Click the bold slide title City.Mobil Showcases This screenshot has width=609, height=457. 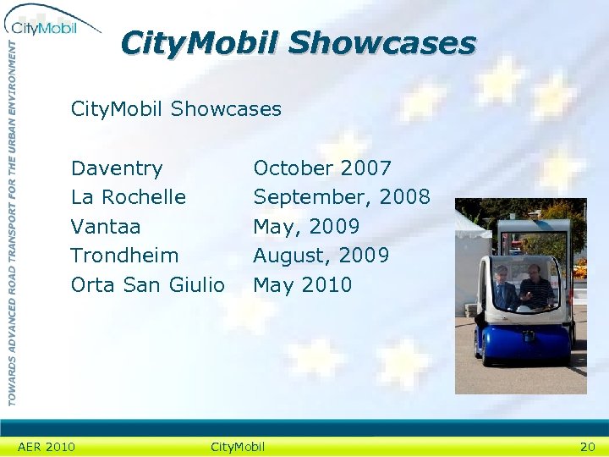pos(298,42)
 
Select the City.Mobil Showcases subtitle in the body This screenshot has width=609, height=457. pos(176,109)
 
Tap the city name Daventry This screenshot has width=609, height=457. pos(117,168)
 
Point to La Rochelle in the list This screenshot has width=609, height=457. pos(129,197)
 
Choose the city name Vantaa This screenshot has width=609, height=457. pos(106,227)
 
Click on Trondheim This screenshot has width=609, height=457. pos(124,256)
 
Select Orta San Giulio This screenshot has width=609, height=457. pos(148,285)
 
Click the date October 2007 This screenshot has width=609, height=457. pos(322,168)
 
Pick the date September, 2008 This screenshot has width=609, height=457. pos(342,197)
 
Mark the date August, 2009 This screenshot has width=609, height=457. pos(321,256)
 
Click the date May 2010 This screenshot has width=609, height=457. pos(302,285)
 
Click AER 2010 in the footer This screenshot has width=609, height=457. pos(47,447)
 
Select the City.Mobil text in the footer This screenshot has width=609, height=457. pos(238,447)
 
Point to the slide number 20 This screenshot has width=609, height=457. pos(587,447)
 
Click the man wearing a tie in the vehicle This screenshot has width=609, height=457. pos(506,289)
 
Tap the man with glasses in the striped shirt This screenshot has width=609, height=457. pos(536,288)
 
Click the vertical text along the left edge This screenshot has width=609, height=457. pos(12,220)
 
